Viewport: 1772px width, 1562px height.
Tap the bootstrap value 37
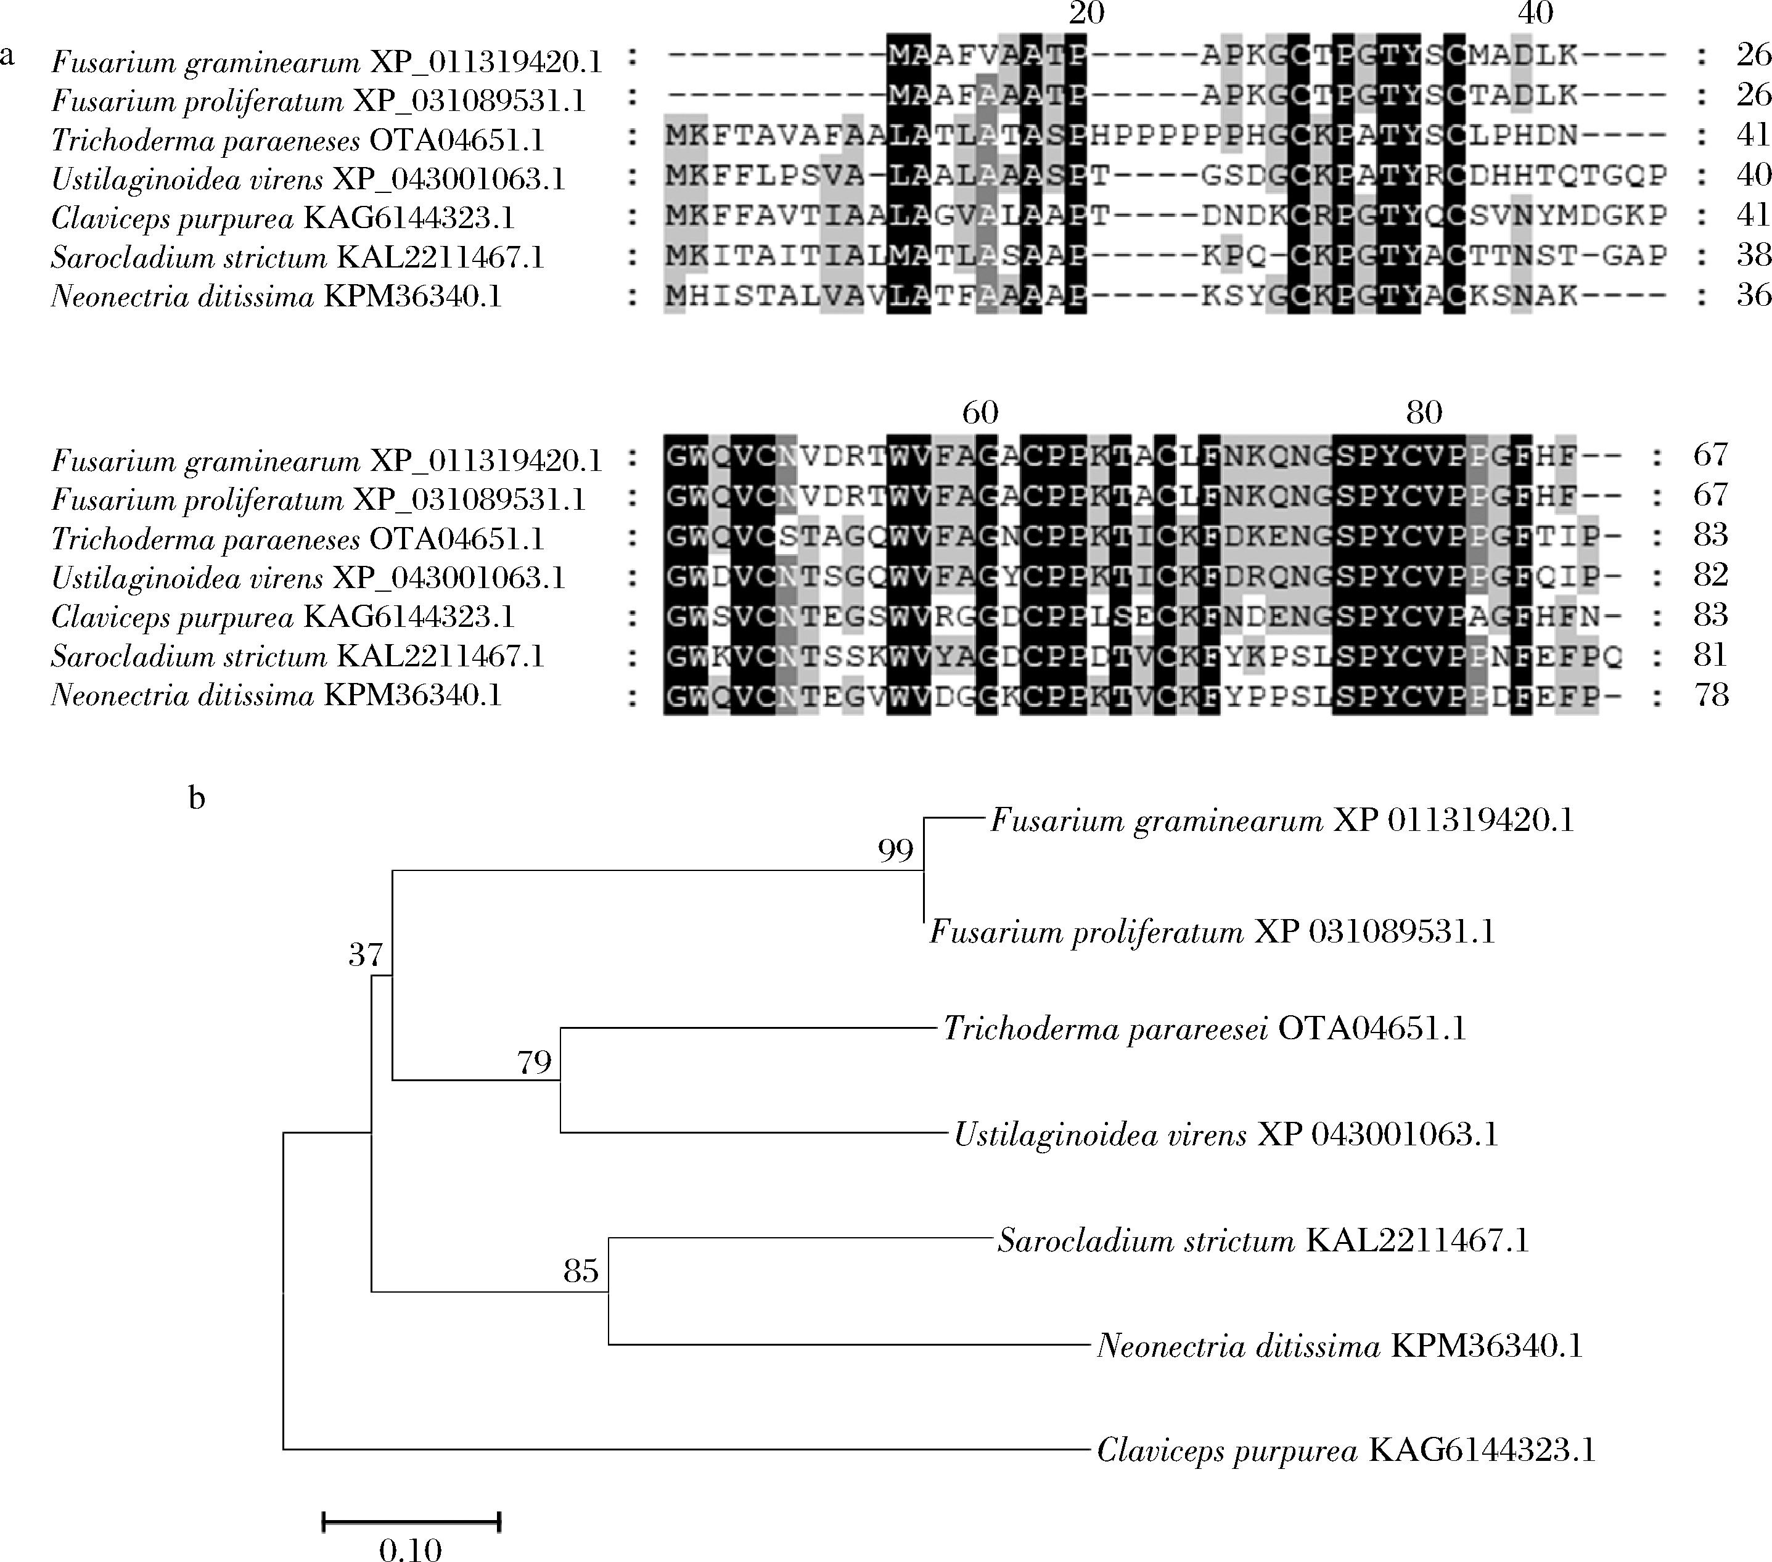pyautogui.click(x=366, y=954)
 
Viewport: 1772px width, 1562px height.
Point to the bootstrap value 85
pyautogui.click(x=581, y=1271)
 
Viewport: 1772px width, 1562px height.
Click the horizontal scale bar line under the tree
pyautogui.click(x=411, y=1521)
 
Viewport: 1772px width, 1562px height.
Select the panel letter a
pyautogui.click(x=8, y=55)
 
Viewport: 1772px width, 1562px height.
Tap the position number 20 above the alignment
pyautogui.click(x=1086, y=13)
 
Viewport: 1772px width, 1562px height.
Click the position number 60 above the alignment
pyautogui.click(x=980, y=412)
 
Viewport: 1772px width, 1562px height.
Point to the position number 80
pyautogui.click(x=1424, y=412)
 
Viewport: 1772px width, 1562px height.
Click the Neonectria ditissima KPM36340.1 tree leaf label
pyautogui.click(x=1339, y=1345)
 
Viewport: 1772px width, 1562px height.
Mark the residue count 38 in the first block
pyautogui.click(x=1753, y=255)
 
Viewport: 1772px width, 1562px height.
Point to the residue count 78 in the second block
pyautogui.click(x=1710, y=695)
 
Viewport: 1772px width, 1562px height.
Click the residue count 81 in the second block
pyautogui.click(x=1710, y=655)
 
